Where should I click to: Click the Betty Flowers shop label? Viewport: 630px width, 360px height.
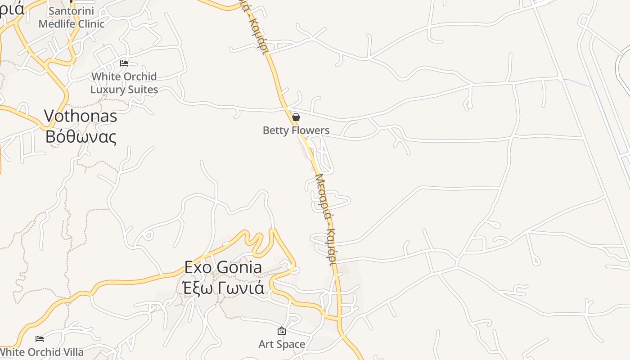(296, 130)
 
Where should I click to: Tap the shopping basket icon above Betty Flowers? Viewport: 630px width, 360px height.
(296, 117)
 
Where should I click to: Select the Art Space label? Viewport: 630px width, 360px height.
(282, 344)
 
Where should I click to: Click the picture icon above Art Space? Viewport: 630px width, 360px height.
(282, 331)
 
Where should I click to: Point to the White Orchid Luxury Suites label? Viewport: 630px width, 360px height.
(124, 83)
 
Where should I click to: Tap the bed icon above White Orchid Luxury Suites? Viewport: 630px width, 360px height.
(124, 63)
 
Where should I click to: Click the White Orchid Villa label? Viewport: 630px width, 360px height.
(42, 352)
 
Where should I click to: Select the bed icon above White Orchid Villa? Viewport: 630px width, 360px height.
(40, 338)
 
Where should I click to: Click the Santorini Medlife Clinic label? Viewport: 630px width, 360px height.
(71, 17)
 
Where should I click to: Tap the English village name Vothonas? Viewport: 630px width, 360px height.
(81, 116)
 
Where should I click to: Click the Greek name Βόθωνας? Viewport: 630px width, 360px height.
(81, 136)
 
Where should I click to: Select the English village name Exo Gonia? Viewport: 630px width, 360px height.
(223, 267)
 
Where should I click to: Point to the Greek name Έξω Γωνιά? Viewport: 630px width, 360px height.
(223, 287)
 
